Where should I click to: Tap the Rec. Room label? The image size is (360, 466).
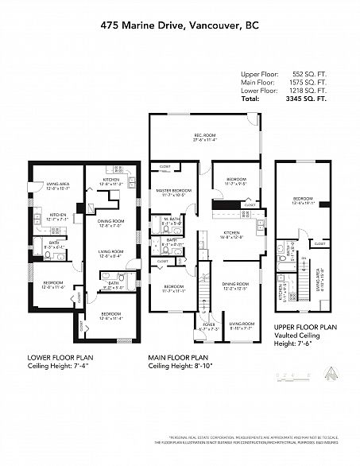(204, 137)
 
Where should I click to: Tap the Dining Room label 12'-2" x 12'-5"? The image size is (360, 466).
(239, 285)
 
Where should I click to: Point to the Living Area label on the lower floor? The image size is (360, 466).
(58, 186)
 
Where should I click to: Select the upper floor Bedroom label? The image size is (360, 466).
(303, 200)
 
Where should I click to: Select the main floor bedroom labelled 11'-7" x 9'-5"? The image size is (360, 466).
(236, 181)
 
